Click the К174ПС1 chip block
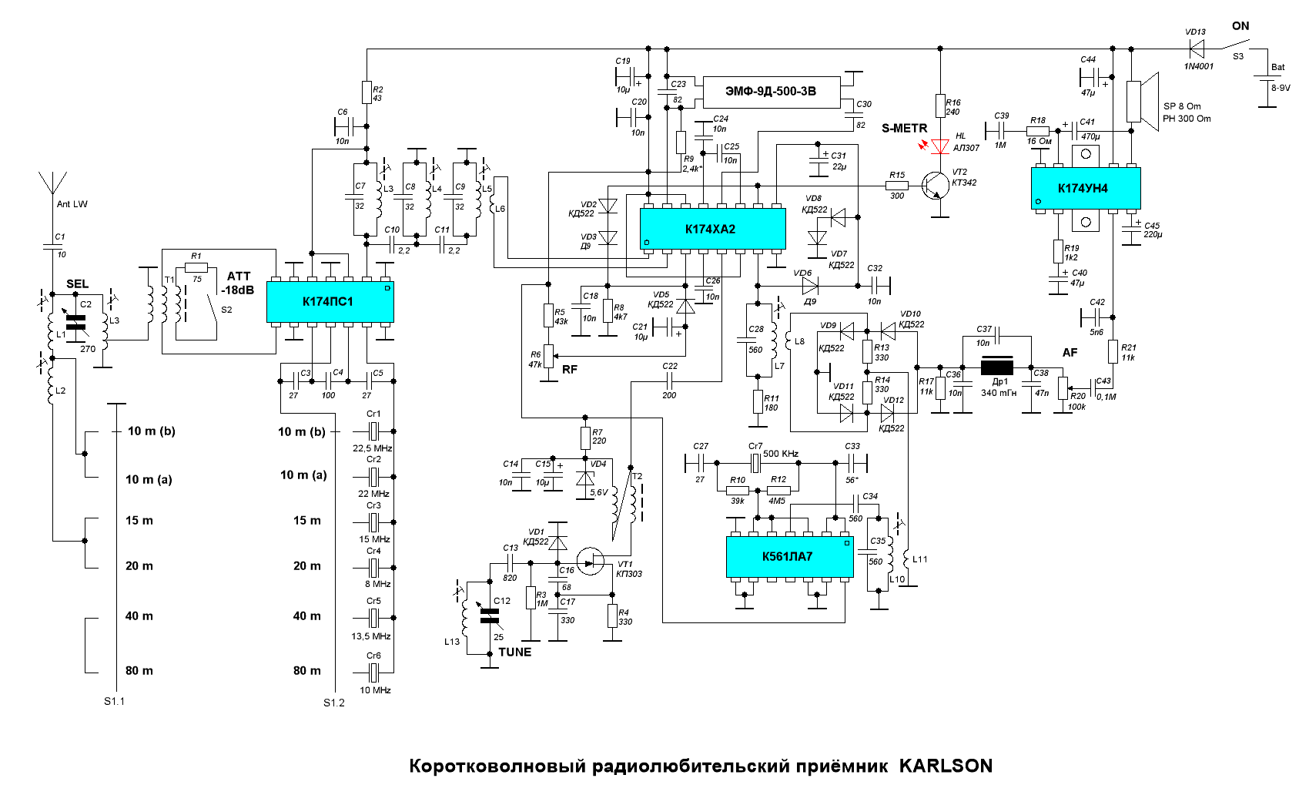(x=330, y=302)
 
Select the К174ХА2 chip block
(x=711, y=229)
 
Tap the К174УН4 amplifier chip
(x=1085, y=188)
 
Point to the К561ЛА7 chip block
(x=788, y=557)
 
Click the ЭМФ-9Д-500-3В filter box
(x=770, y=92)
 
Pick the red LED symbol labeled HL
(x=939, y=146)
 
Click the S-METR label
(x=904, y=129)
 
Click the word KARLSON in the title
(x=946, y=766)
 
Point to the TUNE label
(x=514, y=652)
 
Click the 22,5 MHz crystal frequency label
(x=372, y=448)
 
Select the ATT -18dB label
(x=238, y=283)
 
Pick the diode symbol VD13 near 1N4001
(x=1196, y=49)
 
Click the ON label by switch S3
(x=1240, y=26)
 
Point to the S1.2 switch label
(x=334, y=703)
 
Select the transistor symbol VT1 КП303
(x=591, y=561)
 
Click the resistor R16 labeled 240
(x=940, y=106)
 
